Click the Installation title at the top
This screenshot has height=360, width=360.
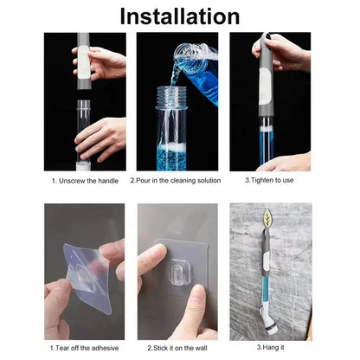179,16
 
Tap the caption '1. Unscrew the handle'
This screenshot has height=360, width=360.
85,181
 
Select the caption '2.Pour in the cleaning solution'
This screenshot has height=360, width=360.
176,181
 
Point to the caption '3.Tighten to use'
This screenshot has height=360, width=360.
270,181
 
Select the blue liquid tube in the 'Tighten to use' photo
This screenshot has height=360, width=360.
263,143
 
